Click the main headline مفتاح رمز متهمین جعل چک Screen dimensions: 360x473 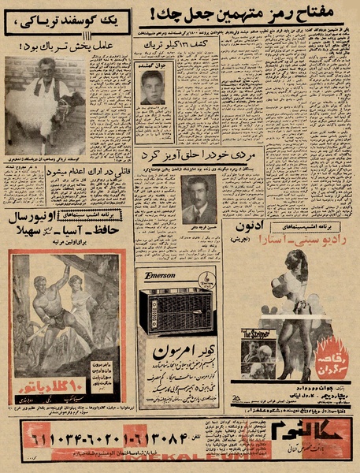250,15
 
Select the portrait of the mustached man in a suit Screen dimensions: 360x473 199,198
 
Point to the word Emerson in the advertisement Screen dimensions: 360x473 160,276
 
